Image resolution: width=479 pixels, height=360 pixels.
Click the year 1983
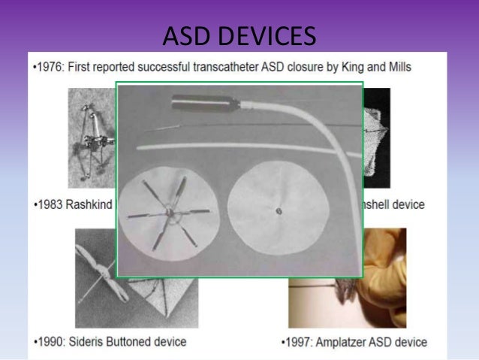[50, 204]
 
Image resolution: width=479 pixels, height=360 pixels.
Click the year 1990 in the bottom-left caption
[50, 342]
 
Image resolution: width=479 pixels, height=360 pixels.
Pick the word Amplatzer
[345, 342]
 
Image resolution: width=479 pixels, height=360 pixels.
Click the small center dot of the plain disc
[278, 211]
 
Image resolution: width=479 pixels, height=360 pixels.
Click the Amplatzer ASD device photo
[383, 278]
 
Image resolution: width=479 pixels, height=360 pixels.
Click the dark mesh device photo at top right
[377, 135]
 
